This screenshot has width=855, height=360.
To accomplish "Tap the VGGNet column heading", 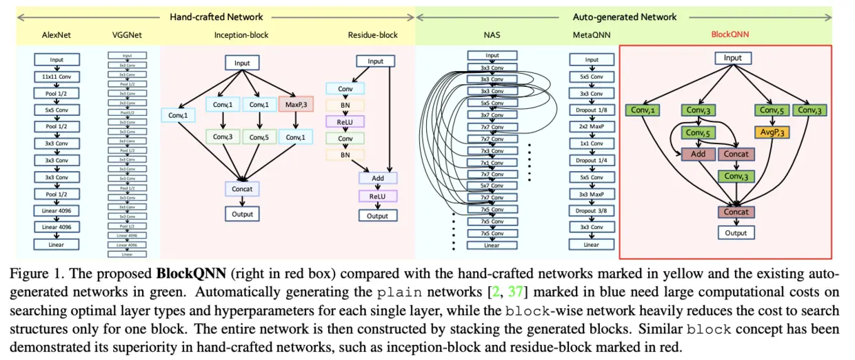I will [x=127, y=34].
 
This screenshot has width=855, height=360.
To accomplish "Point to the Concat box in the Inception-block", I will [x=241, y=188].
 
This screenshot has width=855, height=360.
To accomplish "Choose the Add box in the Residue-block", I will [x=377, y=178].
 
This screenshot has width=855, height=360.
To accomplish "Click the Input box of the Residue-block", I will [x=375, y=61].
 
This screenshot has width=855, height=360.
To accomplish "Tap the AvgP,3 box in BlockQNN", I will [x=773, y=132].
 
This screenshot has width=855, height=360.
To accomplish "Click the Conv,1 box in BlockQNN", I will [x=643, y=110].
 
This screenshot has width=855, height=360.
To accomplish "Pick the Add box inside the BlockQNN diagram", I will [x=698, y=154].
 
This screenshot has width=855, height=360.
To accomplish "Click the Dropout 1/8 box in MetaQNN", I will [x=592, y=108].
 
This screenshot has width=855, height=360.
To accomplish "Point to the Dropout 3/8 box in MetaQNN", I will [x=592, y=210].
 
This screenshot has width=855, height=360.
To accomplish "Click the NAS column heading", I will [x=492, y=34].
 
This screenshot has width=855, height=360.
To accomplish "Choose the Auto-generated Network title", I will [x=625, y=17].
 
